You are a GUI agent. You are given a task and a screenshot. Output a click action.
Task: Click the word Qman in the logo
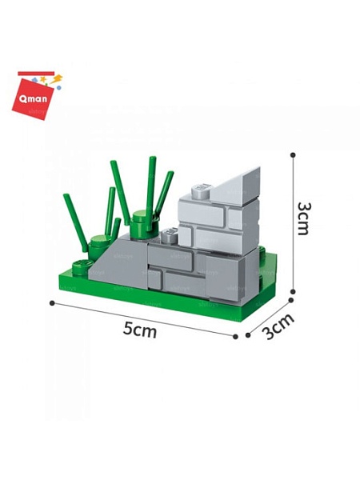[33, 98]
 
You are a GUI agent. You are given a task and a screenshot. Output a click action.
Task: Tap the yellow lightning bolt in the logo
[56, 79]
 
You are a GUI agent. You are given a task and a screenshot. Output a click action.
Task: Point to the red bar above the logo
[36, 73]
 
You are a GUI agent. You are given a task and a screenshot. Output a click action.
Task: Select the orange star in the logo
[43, 79]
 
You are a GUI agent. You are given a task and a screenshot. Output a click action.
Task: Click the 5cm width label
[140, 330]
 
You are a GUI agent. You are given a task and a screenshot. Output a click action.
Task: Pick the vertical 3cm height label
[303, 218]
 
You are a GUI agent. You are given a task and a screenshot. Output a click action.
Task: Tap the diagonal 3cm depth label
[278, 326]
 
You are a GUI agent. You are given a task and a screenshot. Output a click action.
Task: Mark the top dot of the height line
[293, 155]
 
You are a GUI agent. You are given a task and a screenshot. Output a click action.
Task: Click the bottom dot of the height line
[293, 291]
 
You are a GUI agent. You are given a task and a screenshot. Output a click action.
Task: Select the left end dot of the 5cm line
[52, 303]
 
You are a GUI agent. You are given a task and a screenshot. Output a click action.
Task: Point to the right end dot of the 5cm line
[235, 337]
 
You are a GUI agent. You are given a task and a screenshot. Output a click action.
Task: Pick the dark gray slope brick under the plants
[120, 262]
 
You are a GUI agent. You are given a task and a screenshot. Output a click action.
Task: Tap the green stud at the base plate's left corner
[82, 267]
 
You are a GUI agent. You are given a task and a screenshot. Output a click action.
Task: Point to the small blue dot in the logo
[58, 88]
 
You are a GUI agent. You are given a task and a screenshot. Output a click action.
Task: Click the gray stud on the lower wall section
[170, 235]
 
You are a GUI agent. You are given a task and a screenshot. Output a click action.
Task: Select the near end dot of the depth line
[248, 335]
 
